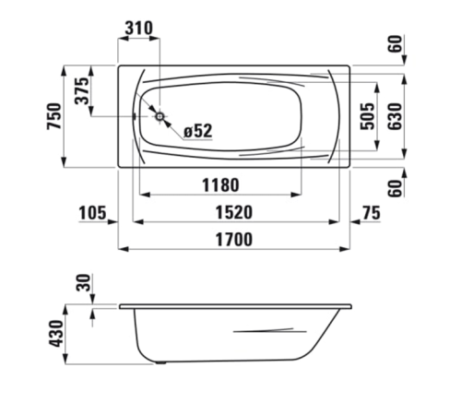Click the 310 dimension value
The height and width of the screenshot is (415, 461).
tap(137, 28)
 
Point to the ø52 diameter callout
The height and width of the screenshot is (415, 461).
tap(198, 131)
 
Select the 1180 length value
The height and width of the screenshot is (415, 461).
tap(220, 184)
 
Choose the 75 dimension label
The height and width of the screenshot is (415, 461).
tap(371, 213)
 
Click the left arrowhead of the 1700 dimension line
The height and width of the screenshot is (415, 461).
tap(124, 250)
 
